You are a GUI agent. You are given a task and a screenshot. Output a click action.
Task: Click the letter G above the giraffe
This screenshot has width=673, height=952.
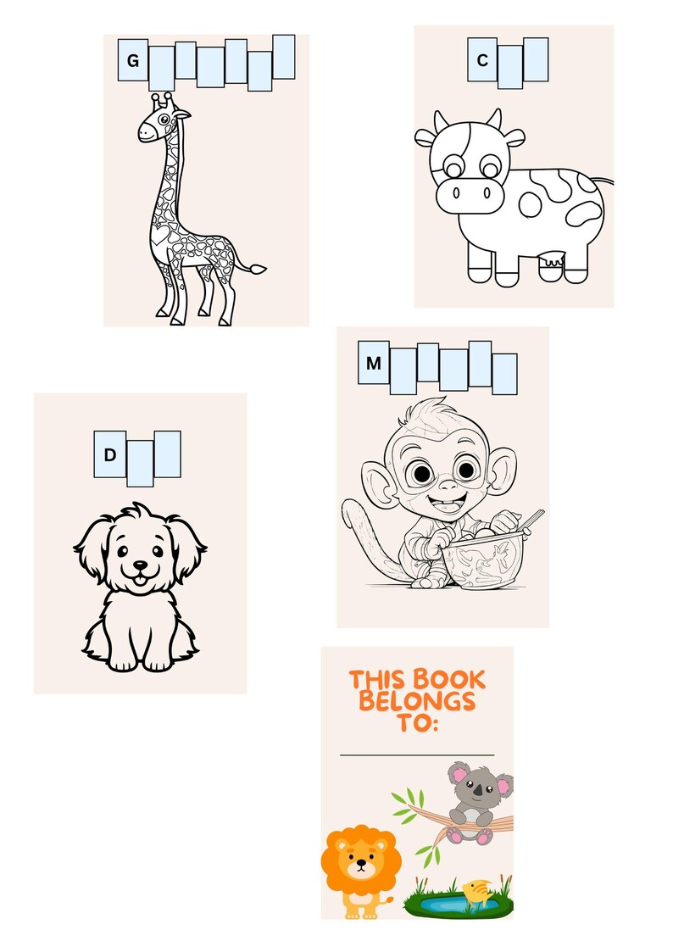(x=132, y=61)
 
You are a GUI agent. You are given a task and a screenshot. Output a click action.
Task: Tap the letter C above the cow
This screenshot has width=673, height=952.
(x=482, y=60)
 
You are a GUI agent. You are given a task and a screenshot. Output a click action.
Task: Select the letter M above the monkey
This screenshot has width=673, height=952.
(x=373, y=364)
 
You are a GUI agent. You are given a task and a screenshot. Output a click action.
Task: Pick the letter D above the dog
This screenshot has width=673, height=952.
(x=110, y=455)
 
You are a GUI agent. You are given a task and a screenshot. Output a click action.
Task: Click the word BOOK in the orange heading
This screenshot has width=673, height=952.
(x=449, y=680)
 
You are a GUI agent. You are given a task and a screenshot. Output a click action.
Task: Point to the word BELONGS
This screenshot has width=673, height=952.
(x=416, y=703)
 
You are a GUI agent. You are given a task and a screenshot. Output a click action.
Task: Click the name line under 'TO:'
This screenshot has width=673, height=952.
(x=417, y=754)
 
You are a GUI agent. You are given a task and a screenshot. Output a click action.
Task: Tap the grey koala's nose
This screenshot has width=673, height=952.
(x=478, y=791)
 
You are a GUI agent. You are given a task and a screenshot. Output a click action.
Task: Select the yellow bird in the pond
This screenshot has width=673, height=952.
(x=476, y=892)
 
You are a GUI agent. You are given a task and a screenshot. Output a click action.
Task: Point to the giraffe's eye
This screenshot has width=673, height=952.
(x=162, y=120)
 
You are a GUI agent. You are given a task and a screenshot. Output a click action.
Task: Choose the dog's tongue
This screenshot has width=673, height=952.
(x=139, y=578)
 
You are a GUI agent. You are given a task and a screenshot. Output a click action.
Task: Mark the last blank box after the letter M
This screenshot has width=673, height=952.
(x=504, y=374)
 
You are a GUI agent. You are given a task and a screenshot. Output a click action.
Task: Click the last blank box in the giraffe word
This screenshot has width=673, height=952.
(x=283, y=57)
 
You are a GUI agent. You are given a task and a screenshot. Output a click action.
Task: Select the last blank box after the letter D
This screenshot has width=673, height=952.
(x=167, y=454)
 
